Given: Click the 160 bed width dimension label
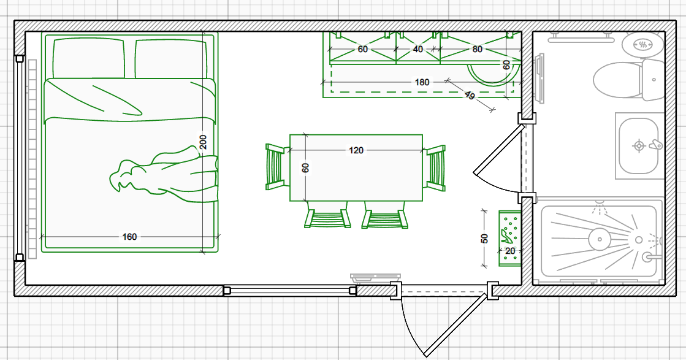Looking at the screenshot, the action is [x=129, y=237].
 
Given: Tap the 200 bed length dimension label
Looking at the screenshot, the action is [x=203, y=142].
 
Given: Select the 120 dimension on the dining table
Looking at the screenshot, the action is [x=356, y=150].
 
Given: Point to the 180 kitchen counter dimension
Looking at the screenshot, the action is [x=422, y=82].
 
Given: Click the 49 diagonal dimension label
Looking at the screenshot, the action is [x=470, y=95].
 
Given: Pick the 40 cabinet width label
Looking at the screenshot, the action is [x=418, y=50].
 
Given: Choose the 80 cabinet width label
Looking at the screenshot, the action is [x=477, y=50].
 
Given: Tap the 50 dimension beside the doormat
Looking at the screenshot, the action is [x=484, y=239].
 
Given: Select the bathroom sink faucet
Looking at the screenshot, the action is [x=655, y=145].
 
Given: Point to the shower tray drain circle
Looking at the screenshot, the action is [x=599, y=239].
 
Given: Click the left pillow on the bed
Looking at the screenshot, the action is [x=89, y=58].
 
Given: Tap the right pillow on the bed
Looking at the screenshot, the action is [x=170, y=59].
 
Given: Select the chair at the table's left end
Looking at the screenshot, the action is [x=277, y=167].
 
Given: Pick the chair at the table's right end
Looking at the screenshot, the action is [x=435, y=168].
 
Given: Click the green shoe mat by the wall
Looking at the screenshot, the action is [x=510, y=238].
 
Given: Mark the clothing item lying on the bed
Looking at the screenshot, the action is [x=164, y=175].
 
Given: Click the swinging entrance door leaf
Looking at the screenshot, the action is [x=456, y=325].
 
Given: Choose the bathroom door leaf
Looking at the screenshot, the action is [x=499, y=149].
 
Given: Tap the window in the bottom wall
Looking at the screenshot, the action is [x=289, y=291].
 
